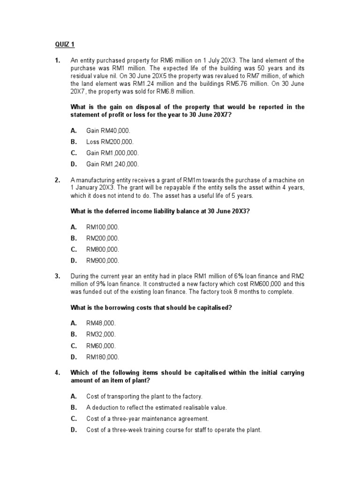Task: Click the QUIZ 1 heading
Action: tap(65, 45)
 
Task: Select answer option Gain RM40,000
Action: tap(108, 130)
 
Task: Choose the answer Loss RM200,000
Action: tap(110, 142)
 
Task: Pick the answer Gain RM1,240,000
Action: tap(112, 164)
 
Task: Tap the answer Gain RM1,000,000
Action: tap(112, 153)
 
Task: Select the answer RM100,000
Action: tap(103, 227)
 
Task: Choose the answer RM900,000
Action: tap(103, 261)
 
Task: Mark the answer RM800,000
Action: tap(103, 249)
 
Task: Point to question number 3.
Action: tap(57, 277)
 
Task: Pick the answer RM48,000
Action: tap(101, 323)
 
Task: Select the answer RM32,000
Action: tap(101, 334)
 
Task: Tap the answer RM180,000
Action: tap(103, 357)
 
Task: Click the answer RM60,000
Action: tap(101, 346)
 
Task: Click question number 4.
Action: tap(57, 373)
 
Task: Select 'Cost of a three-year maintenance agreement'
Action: tap(148, 419)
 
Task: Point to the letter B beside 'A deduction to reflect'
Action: tap(73, 408)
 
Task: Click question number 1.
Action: tap(57, 60)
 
